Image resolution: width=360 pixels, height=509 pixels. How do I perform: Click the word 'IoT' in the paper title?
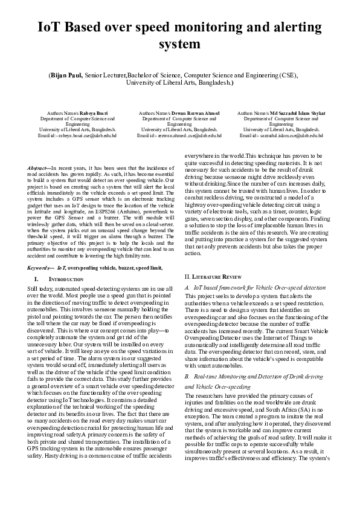(53, 28)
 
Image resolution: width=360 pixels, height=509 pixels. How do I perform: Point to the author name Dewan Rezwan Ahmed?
(187, 113)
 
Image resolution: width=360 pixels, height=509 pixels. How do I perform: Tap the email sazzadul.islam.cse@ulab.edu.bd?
(284, 135)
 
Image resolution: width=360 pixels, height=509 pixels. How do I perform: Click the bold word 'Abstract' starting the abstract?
(39, 167)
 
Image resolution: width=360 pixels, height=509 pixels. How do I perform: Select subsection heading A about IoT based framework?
(254, 288)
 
